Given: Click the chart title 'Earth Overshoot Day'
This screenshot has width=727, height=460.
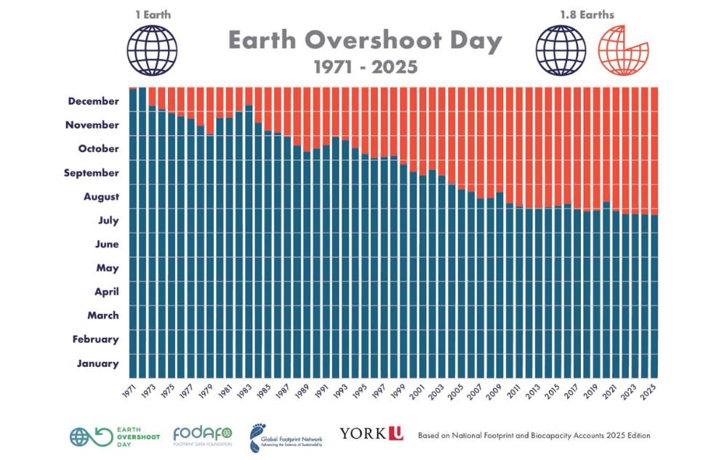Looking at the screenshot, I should (x=366, y=41).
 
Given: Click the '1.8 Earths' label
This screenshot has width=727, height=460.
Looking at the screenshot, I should (x=587, y=15).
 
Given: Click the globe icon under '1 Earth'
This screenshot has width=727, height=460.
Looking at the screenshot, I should (x=152, y=50).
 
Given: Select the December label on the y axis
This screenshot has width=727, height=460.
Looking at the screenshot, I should (x=93, y=101).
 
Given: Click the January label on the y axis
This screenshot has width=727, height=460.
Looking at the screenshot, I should (x=97, y=363).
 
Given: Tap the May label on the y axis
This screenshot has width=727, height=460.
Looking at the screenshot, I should (x=108, y=268).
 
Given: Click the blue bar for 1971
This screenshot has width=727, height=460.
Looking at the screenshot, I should (x=133, y=233).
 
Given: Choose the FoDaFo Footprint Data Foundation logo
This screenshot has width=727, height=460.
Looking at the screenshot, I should (x=203, y=435).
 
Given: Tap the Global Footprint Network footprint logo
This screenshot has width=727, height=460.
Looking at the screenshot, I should (x=286, y=436).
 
